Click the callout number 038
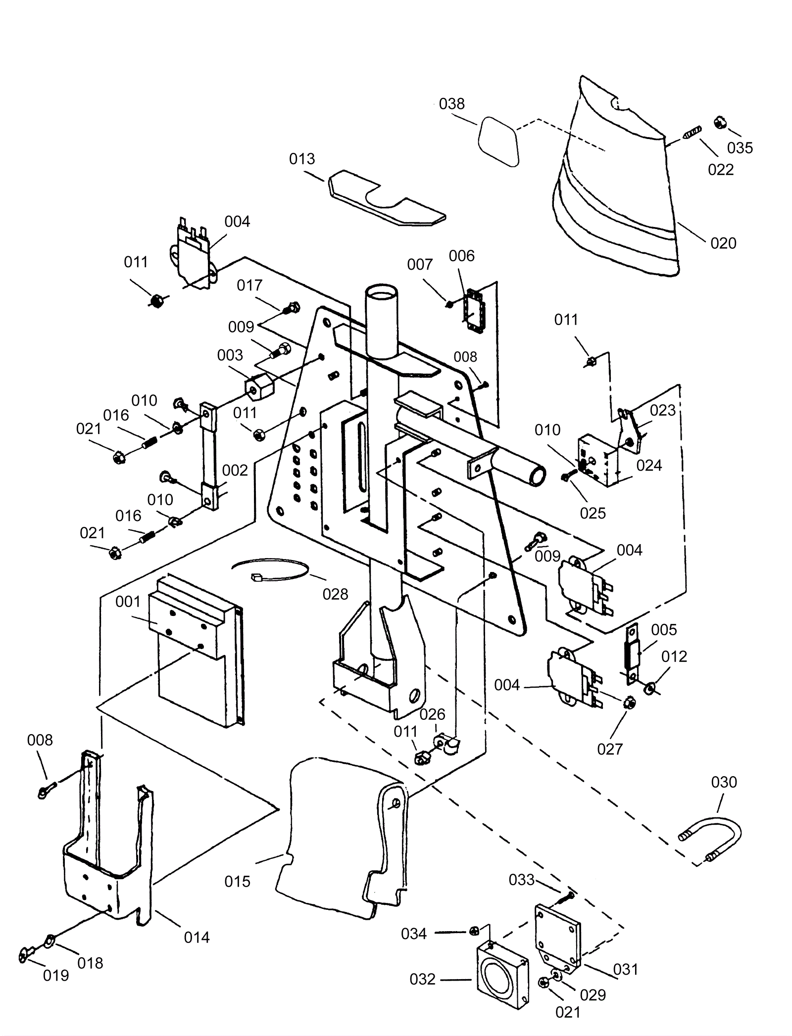pos(451,104)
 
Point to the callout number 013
pos(302,159)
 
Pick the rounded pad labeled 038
pos(498,141)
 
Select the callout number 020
pos(723,243)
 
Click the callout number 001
pos(128,602)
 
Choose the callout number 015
pos(237,881)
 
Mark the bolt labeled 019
pos(25,954)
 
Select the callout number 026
pos(432,714)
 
